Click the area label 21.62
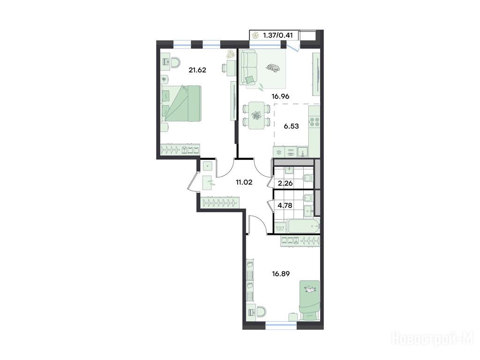tap(197, 70)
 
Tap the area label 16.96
tap(280, 97)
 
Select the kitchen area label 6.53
tap(291, 126)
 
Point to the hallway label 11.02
tap(244, 182)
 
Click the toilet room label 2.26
tap(285, 184)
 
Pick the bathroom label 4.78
tap(285, 205)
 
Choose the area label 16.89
tap(281, 273)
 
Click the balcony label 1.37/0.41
tap(277, 35)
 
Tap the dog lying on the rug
tap(272, 68)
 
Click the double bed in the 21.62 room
tap(181, 103)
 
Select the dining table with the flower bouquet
tap(256, 116)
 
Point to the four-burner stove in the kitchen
tap(314, 122)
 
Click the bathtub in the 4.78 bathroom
tap(304, 226)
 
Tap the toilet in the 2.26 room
tap(307, 178)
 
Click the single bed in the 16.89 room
tap(309, 300)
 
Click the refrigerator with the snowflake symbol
tap(279, 152)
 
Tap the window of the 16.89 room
tap(281, 322)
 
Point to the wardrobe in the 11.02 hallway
tap(220, 202)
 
